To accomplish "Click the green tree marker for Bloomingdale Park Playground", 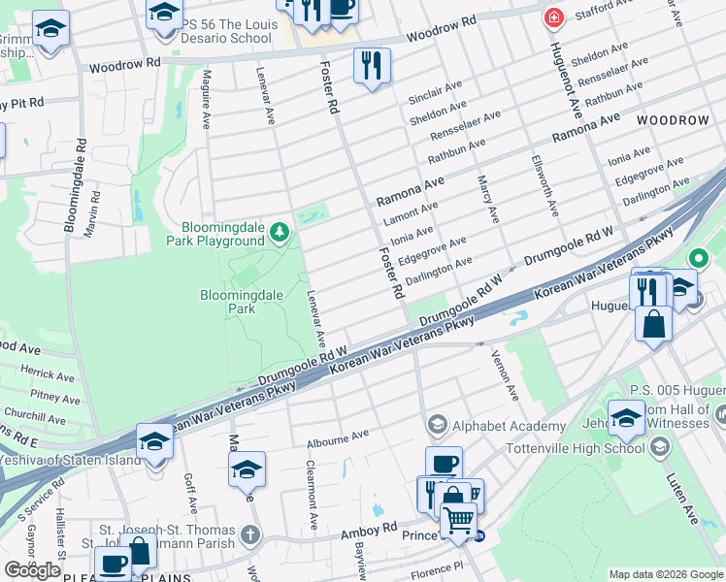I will [x=280, y=232].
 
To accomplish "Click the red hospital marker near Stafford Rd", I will [x=554, y=16].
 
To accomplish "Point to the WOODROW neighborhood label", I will [x=673, y=119].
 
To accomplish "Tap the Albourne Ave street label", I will [x=338, y=438].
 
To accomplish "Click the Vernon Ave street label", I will [x=507, y=374].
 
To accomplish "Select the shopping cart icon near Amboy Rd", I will [x=459, y=520].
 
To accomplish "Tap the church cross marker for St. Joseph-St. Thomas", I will [x=250, y=534].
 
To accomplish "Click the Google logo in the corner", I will [x=31, y=570].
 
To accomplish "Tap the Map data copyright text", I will [x=665, y=573].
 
